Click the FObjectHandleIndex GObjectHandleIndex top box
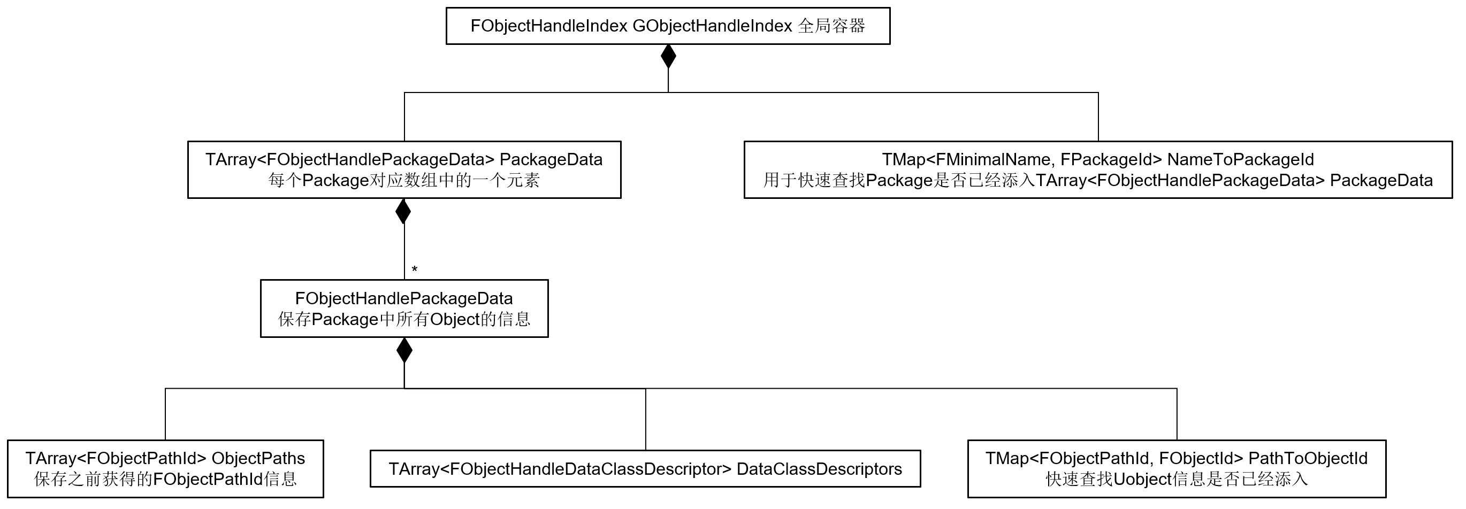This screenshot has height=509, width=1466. (668, 26)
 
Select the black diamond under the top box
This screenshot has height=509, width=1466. (668, 56)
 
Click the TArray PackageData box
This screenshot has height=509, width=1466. (404, 169)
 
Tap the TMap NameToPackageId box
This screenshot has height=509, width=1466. (1098, 169)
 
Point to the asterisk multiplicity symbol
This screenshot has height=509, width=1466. (414, 269)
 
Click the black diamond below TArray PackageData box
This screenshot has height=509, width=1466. (403, 211)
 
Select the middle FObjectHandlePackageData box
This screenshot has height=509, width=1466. (404, 309)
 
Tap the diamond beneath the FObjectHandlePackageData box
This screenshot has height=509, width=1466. (404, 350)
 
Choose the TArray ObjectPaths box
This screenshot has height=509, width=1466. (165, 468)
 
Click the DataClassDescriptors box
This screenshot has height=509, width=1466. (645, 468)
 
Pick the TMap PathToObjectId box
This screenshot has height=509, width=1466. (1177, 468)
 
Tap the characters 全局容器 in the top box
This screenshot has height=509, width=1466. (831, 26)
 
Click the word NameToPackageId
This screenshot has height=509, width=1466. (1240, 160)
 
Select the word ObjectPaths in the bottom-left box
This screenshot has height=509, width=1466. (258, 458)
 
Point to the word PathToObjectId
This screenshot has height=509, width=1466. (1307, 458)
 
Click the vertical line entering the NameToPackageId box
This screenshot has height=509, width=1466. (1098, 117)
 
